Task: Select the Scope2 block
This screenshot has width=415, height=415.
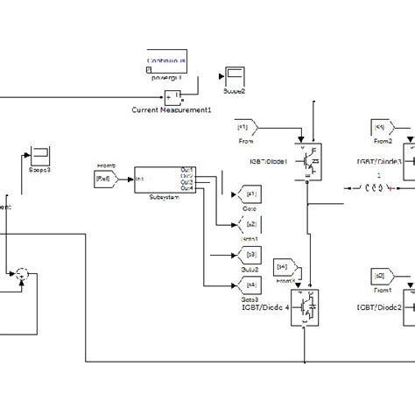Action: click(234, 75)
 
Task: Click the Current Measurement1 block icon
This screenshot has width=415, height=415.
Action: click(172, 96)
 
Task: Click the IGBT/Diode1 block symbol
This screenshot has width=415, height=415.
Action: click(306, 161)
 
